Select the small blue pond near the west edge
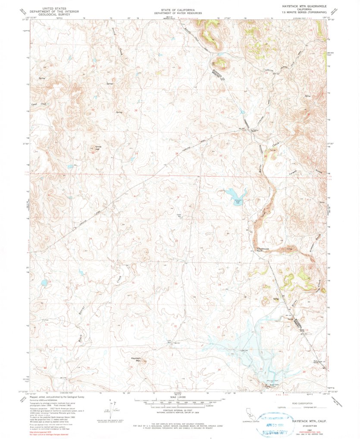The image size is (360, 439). (x=44, y=283)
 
